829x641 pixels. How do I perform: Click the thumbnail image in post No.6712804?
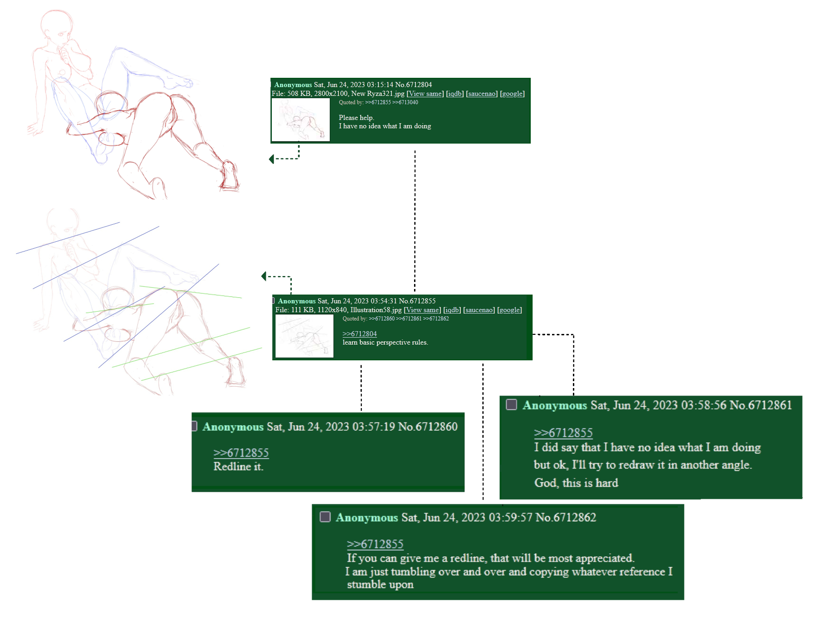click(301, 119)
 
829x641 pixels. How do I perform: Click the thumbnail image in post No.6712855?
click(304, 336)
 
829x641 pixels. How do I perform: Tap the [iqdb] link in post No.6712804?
click(455, 94)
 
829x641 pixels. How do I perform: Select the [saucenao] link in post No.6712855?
click(479, 310)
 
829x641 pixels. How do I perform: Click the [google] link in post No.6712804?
click(512, 94)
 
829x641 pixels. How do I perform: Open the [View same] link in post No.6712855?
click(422, 310)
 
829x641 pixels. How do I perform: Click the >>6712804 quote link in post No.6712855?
click(359, 334)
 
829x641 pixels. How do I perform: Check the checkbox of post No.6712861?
click(511, 404)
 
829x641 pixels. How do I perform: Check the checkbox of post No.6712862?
click(325, 516)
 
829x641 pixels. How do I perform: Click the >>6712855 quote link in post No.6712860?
click(241, 452)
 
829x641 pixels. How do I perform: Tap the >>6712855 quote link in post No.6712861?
click(563, 433)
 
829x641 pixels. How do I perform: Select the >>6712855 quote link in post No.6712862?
click(375, 544)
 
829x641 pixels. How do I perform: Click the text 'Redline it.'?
click(238, 466)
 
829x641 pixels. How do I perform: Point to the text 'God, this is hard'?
click(576, 483)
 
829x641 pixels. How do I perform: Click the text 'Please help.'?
click(356, 118)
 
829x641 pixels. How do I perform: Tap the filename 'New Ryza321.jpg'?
click(377, 94)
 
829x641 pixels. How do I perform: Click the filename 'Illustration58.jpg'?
click(376, 310)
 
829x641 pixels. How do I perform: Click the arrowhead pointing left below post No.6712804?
click(272, 159)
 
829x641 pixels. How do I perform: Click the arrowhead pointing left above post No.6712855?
click(264, 277)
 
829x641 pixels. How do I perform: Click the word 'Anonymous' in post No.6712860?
click(233, 427)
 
